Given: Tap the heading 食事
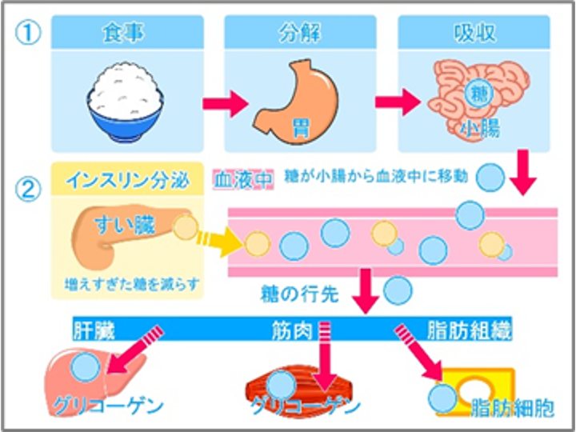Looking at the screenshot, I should coord(122,34).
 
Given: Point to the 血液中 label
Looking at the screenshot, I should coord(243,180).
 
